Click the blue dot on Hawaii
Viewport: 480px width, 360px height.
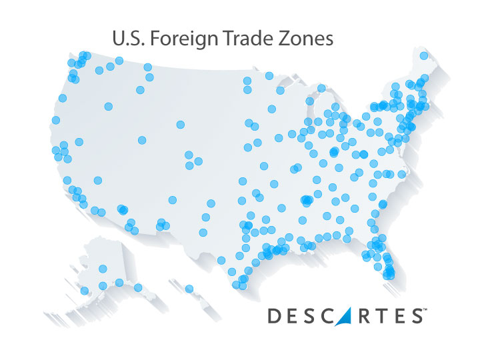pos(189,289)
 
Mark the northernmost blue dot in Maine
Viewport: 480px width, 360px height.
pos(423,56)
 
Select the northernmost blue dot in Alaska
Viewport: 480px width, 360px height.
pos(103,269)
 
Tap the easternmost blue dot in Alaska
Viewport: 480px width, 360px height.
pos(138,287)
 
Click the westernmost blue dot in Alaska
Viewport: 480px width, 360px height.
pos(84,291)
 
